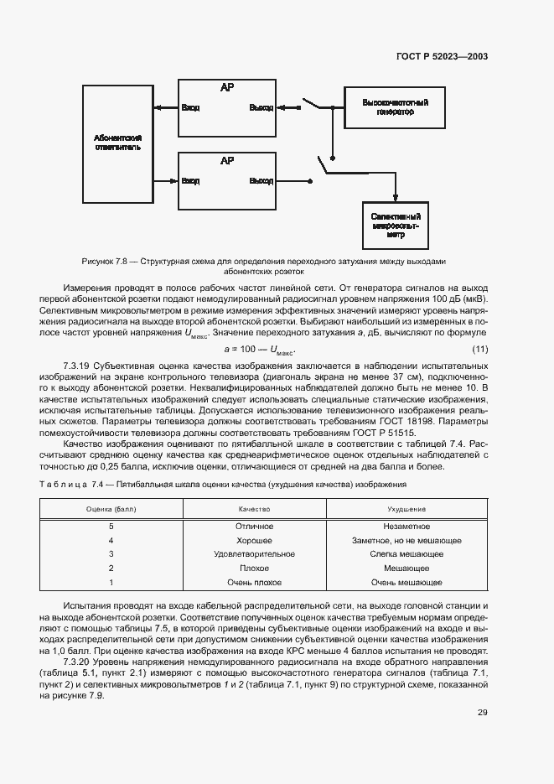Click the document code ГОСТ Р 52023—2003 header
pos(441,57)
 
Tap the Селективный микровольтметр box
pos(395,225)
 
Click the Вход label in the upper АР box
pos(190,108)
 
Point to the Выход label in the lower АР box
pos(261,181)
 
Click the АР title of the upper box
pos(226,87)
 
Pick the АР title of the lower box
pos(226,160)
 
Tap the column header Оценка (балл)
pos(111,509)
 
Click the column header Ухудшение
pos(406,509)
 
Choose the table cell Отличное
pos(255,527)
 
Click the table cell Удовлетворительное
pos(255,554)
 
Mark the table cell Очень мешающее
pos(406,582)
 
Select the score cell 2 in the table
pos(111,568)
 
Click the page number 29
pos(482,713)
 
